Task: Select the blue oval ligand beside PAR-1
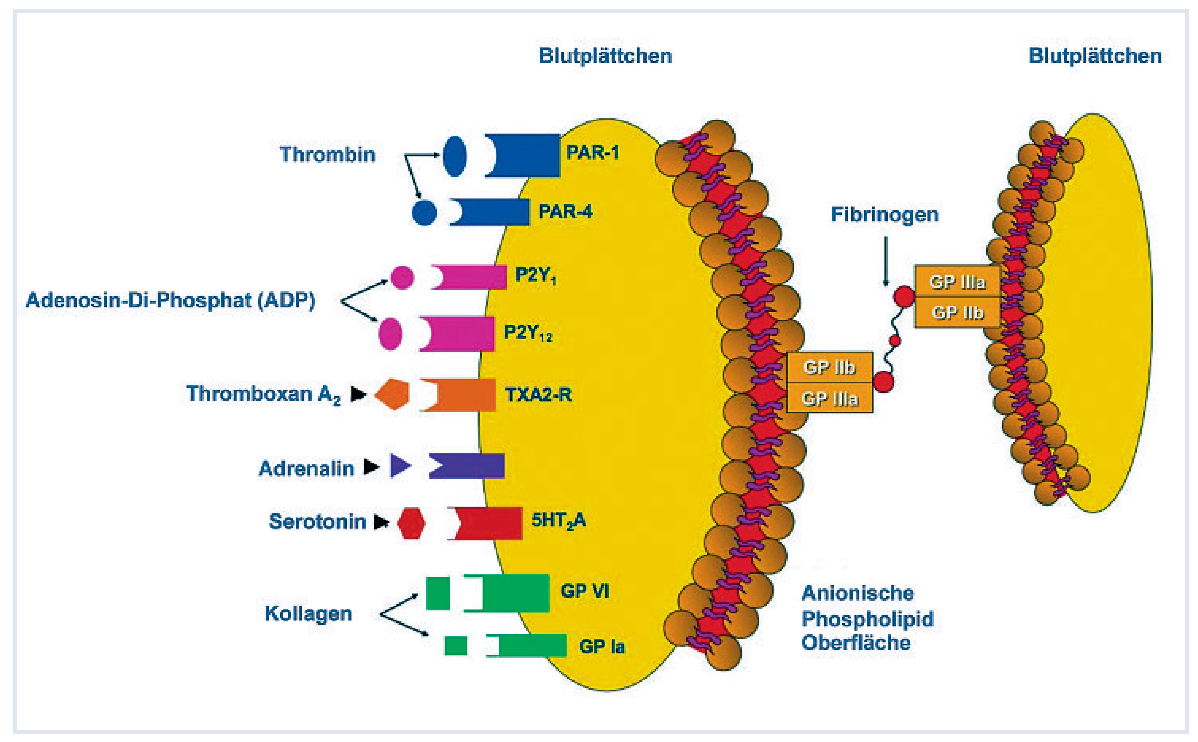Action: pos(455,156)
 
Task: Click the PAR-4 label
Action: pos(565,212)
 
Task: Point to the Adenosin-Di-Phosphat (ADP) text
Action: pos(170,300)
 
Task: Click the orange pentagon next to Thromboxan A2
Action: pos(393,394)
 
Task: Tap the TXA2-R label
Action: pos(538,394)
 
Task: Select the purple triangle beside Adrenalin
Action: pos(399,466)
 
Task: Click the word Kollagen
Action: pos(308,614)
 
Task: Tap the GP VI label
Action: pos(585,591)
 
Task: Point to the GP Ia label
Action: pos(602,647)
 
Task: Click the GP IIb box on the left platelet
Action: pos(829,367)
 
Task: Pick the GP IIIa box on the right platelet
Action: pos(957,282)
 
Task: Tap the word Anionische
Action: pos(857,593)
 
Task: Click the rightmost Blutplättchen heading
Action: pos(1094,56)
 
